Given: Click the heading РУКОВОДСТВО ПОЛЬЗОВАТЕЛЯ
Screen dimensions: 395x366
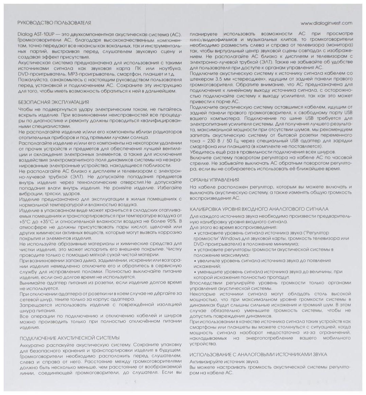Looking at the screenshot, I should coord(54,23).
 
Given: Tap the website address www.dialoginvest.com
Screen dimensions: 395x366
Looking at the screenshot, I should coord(327,23).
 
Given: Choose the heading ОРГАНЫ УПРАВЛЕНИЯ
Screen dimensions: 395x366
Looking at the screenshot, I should coord(214,180).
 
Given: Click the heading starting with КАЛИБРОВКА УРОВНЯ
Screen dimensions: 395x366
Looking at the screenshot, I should coord(259,209).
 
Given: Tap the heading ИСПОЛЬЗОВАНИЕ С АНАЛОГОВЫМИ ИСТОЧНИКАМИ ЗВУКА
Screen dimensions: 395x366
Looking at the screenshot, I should coord(258,354).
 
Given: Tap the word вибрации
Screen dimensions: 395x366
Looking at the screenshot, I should coord(30,193).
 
